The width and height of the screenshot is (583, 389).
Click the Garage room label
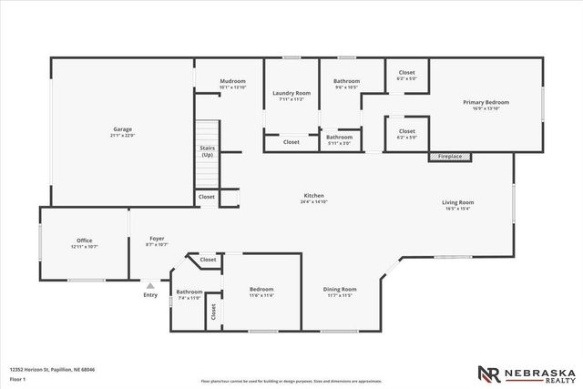(122, 129)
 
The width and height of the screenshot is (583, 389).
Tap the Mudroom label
(233, 82)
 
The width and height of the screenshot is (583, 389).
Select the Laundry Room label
(291, 93)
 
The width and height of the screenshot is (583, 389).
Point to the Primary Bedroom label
(486, 102)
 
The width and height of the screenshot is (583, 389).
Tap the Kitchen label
(314, 195)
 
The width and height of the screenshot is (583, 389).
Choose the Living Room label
(458, 202)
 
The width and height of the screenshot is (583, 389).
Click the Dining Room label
(339, 290)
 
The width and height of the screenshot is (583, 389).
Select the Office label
(84, 241)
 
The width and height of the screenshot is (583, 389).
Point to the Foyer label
(157, 241)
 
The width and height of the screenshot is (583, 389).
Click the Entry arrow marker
(150, 285)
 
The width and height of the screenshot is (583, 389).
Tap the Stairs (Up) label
(208, 151)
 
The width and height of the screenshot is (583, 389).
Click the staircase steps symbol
(209, 131)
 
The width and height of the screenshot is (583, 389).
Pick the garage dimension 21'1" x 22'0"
(122, 136)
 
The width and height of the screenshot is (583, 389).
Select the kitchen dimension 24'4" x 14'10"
(314, 201)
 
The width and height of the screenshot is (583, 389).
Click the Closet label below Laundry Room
(291, 142)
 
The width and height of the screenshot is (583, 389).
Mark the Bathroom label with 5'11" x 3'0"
(340, 138)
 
